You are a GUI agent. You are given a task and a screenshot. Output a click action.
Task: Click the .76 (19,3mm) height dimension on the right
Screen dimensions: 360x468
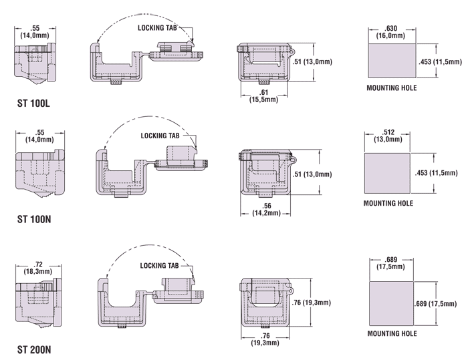point(312,303)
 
